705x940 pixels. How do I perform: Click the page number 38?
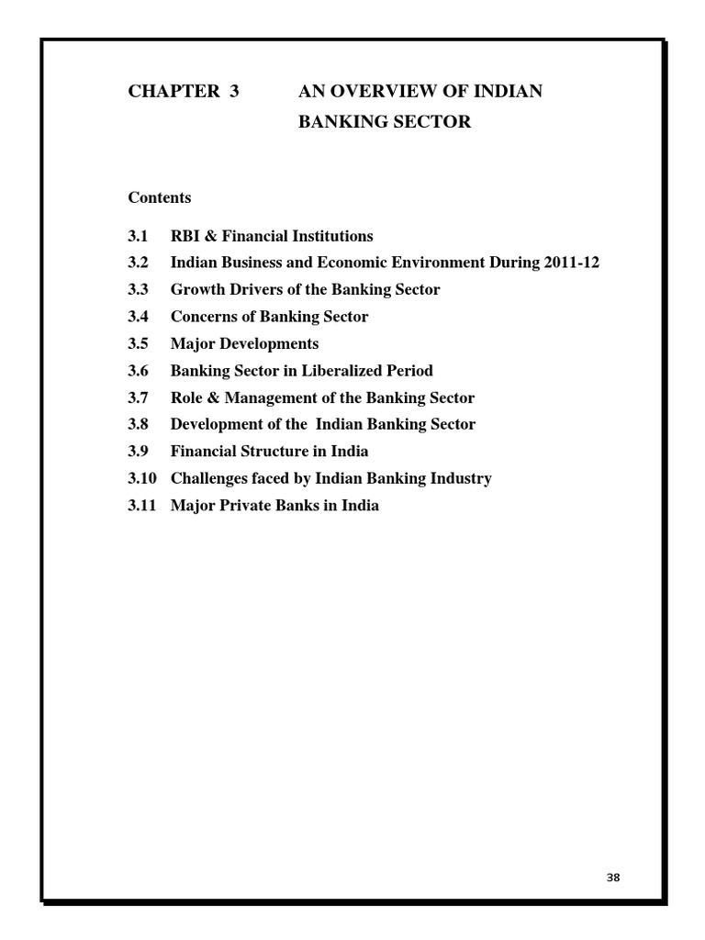tap(613, 878)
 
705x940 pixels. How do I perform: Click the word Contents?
tap(160, 197)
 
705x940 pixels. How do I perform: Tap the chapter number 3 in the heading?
tap(234, 91)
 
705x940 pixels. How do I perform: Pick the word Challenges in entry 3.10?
tap(212, 478)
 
